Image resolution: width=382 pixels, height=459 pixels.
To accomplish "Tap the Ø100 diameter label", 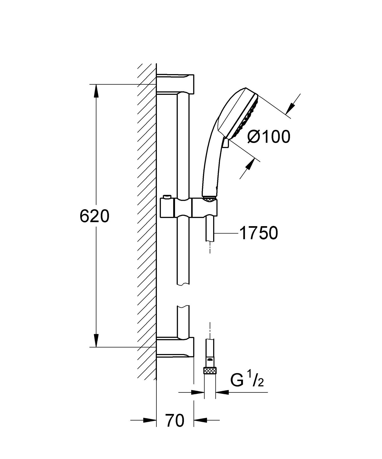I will pos(269,137).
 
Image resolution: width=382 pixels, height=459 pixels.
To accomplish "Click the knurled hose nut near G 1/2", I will pos(210,371).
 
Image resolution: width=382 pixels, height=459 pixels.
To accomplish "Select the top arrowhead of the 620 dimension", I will pos(96,91).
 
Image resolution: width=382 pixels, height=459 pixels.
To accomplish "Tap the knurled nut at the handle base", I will pos(210,198).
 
